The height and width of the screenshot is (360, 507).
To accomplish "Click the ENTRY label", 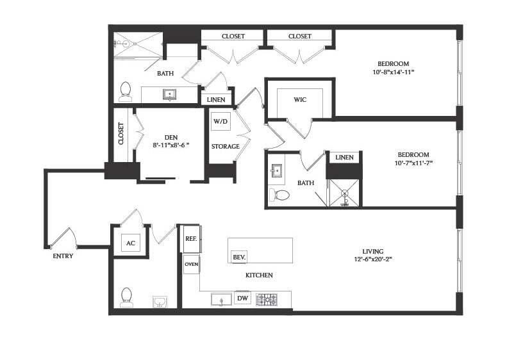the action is (x=63, y=256).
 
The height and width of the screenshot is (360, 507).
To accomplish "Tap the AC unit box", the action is (x=131, y=243).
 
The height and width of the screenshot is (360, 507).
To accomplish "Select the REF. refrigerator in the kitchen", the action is (x=192, y=239).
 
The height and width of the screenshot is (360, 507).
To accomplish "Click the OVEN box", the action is (x=192, y=265).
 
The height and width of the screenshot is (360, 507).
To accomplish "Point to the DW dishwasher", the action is (x=242, y=299).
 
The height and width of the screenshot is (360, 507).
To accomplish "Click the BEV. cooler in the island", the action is (x=239, y=258).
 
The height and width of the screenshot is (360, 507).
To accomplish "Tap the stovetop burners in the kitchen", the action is (x=267, y=300).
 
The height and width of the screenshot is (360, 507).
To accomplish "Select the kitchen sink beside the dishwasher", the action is (x=222, y=299).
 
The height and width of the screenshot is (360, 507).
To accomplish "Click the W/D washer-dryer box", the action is (x=220, y=122).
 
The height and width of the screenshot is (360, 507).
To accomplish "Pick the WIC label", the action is (x=300, y=99).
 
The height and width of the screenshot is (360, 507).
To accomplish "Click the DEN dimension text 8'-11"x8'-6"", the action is (x=171, y=145).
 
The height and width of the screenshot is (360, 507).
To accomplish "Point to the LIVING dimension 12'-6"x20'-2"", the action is (x=373, y=259).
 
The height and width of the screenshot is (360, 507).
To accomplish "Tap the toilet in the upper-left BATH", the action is (x=126, y=91).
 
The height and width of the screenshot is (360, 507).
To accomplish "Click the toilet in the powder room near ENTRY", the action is (x=126, y=297).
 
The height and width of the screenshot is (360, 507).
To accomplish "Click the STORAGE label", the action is (x=226, y=147).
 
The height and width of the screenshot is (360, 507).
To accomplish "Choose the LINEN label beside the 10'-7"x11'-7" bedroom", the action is (x=344, y=158).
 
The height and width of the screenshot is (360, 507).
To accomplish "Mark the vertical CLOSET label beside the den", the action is (x=121, y=133).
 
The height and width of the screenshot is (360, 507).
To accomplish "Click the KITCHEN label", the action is (x=259, y=275).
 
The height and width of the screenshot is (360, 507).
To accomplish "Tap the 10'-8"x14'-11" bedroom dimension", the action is (x=394, y=72).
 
